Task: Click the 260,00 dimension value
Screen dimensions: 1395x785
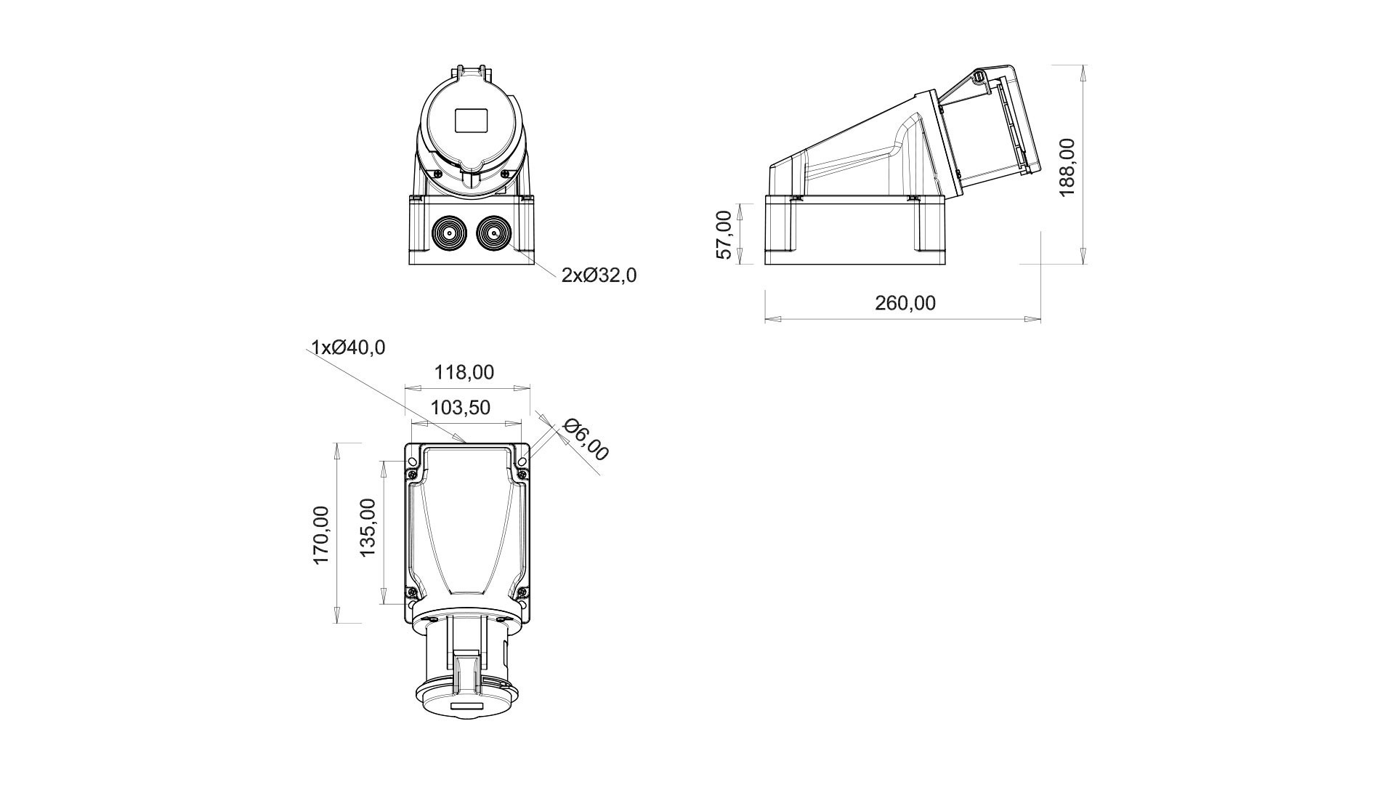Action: pyautogui.click(x=905, y=303)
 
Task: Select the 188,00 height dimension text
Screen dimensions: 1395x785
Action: pyautogui.click(x=1067, y=167)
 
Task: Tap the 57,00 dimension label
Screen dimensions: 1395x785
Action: pyautogui.click(x=724, y=234)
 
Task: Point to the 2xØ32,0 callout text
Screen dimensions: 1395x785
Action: pyautogui.click(x=599, y=275)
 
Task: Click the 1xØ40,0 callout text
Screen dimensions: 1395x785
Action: pyautogui.click(x=348, y=347)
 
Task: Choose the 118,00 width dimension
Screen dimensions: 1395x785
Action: pyautogui.click(x=464, y=372)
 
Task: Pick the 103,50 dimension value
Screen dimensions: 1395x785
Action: pyautogui.click(x=461, y=408)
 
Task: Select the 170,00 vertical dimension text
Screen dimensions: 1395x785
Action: pyautogui.click(x=320, y=535)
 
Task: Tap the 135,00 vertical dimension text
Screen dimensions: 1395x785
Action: pyautogui.click(x=368, y=528)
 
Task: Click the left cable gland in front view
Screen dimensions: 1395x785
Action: pyautogui.click(x=449, y=234)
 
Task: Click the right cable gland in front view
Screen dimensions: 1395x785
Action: pyautogui.click(x=493, y=234)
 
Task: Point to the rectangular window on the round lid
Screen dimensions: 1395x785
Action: pyautogui.click(x=473, y=121)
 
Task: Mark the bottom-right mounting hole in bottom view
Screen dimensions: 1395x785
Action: pyautogui.click(x=522, y=604)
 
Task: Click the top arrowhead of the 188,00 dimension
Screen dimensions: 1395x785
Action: pyautogui.click(x=1084, y=72)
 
